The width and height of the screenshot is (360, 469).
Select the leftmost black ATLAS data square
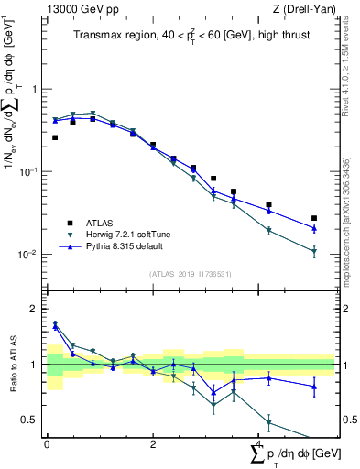pyautogui.click(x=55, y=137)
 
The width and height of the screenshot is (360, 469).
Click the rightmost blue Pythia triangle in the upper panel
pyautogui.click(x=314, y=228)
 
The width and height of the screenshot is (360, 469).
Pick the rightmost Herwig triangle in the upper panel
pyautogui.click(x=314, y=250)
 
